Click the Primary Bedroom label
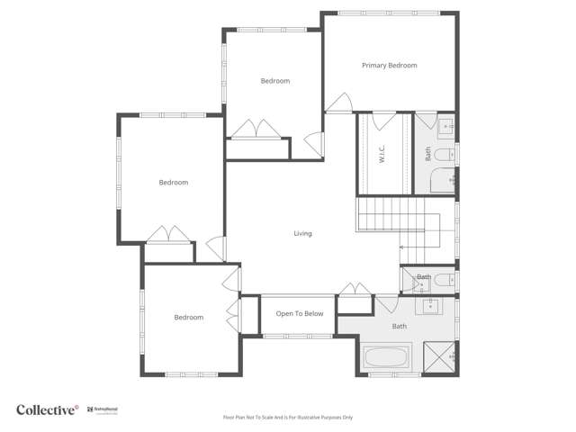pos(389,66)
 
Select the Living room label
pos(302,234)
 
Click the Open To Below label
pos(299,314)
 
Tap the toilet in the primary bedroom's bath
pos(444,155)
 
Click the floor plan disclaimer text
pos(288,418)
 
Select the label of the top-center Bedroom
pos(275,81)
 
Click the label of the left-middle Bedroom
pos(174,183)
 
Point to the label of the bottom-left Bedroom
pos(188,318)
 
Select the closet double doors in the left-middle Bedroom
pos(168,234)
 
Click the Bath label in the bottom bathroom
pos(400,327)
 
